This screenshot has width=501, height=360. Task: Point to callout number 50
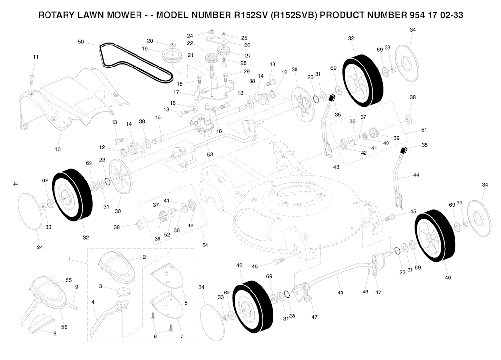pos(81,42)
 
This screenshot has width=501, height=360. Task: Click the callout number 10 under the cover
pos(58,149)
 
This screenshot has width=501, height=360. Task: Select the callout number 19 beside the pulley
pos(145,49)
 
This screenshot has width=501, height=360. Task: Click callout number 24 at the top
pos(190,35)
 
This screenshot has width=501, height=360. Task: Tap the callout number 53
pos(210,155)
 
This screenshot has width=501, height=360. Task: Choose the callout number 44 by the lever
pos(416,175)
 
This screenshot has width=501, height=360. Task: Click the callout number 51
pos(424,130)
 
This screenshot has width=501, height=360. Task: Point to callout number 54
pos(205,245)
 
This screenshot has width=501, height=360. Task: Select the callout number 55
pos(69,280)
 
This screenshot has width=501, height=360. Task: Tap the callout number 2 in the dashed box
pos(144,257)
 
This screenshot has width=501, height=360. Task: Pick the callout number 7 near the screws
pos(181,337)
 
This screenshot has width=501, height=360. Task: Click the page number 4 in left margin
pos(15,184)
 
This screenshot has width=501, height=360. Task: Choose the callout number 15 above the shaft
pos(158,117)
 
